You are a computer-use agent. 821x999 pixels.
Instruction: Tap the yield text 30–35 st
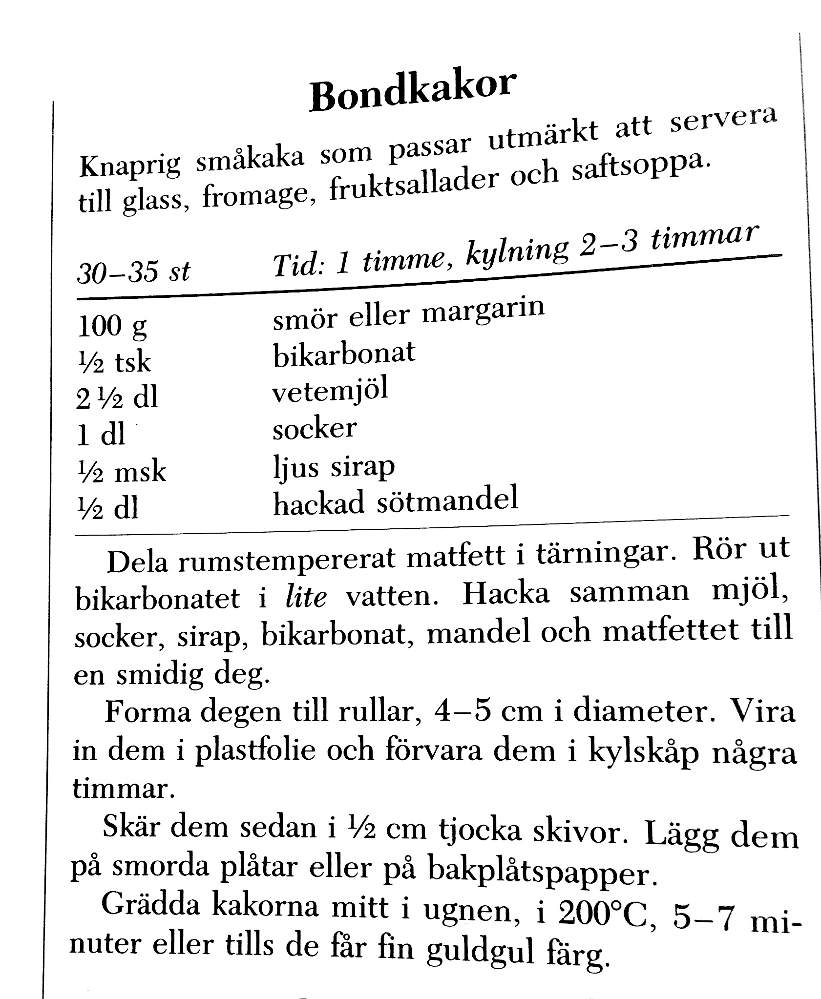click(133, 272)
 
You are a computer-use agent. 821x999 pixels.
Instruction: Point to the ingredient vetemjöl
click(330, 392)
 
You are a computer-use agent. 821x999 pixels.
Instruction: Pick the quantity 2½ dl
click(117, 398)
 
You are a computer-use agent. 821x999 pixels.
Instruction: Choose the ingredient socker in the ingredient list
click(314, 429)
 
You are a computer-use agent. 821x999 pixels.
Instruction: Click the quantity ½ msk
click(122, 471)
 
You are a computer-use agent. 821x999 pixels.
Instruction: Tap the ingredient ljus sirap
click(334, 467)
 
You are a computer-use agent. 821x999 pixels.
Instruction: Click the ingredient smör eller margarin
click(408, 313)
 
